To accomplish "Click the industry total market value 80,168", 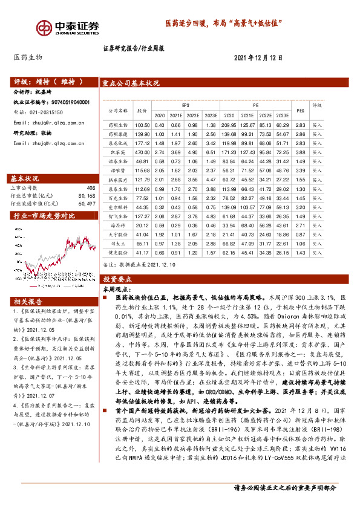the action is [x=87, y=196].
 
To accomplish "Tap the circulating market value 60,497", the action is [x=87, y=204].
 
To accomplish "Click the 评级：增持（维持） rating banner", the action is [x=42, y=82].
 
